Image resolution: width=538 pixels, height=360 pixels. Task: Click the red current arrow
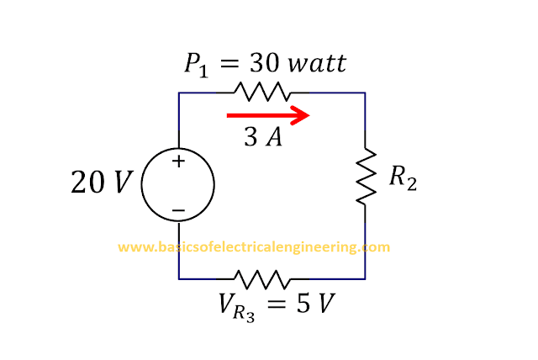(x=268, y=115)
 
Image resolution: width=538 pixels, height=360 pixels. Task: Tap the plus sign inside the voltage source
(x=178, y=161)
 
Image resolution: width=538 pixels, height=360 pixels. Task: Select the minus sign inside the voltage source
(x=178, y=210)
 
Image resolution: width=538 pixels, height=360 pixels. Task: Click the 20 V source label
(x=102, y=182)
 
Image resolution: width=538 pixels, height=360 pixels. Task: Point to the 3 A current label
(x=263, y=136)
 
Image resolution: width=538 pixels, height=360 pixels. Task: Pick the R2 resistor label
(x=403, y=177)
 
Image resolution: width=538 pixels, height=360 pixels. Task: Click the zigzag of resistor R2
(x=367, y=177)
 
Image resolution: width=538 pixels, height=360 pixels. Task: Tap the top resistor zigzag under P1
(x=261, y=92)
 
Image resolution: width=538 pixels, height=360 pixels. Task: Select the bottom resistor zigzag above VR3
(x=261, y=279)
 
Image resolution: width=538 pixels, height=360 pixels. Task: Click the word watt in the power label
(x=317, y=63)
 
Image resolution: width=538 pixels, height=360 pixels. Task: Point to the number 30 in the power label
(x=264, y=63)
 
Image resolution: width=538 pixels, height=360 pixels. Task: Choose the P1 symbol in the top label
(x=196, y=66)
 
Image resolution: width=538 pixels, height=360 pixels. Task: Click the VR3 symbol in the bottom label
(x=237, y=308)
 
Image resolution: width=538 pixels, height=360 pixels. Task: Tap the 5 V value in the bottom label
(x=315, y=304)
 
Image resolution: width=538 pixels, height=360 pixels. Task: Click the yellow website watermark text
(x=254, y=247)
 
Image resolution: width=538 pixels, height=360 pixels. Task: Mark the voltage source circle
(x=141, y=185)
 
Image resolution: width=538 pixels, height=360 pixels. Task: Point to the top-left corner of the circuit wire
(x=179, y=93)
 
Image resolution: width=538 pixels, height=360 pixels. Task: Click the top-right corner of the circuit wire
(x=365, y=93)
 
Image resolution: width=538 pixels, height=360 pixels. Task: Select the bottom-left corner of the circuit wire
(x=179, y=279)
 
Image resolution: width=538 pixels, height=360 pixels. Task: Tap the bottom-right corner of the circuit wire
(x=365, y=279)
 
